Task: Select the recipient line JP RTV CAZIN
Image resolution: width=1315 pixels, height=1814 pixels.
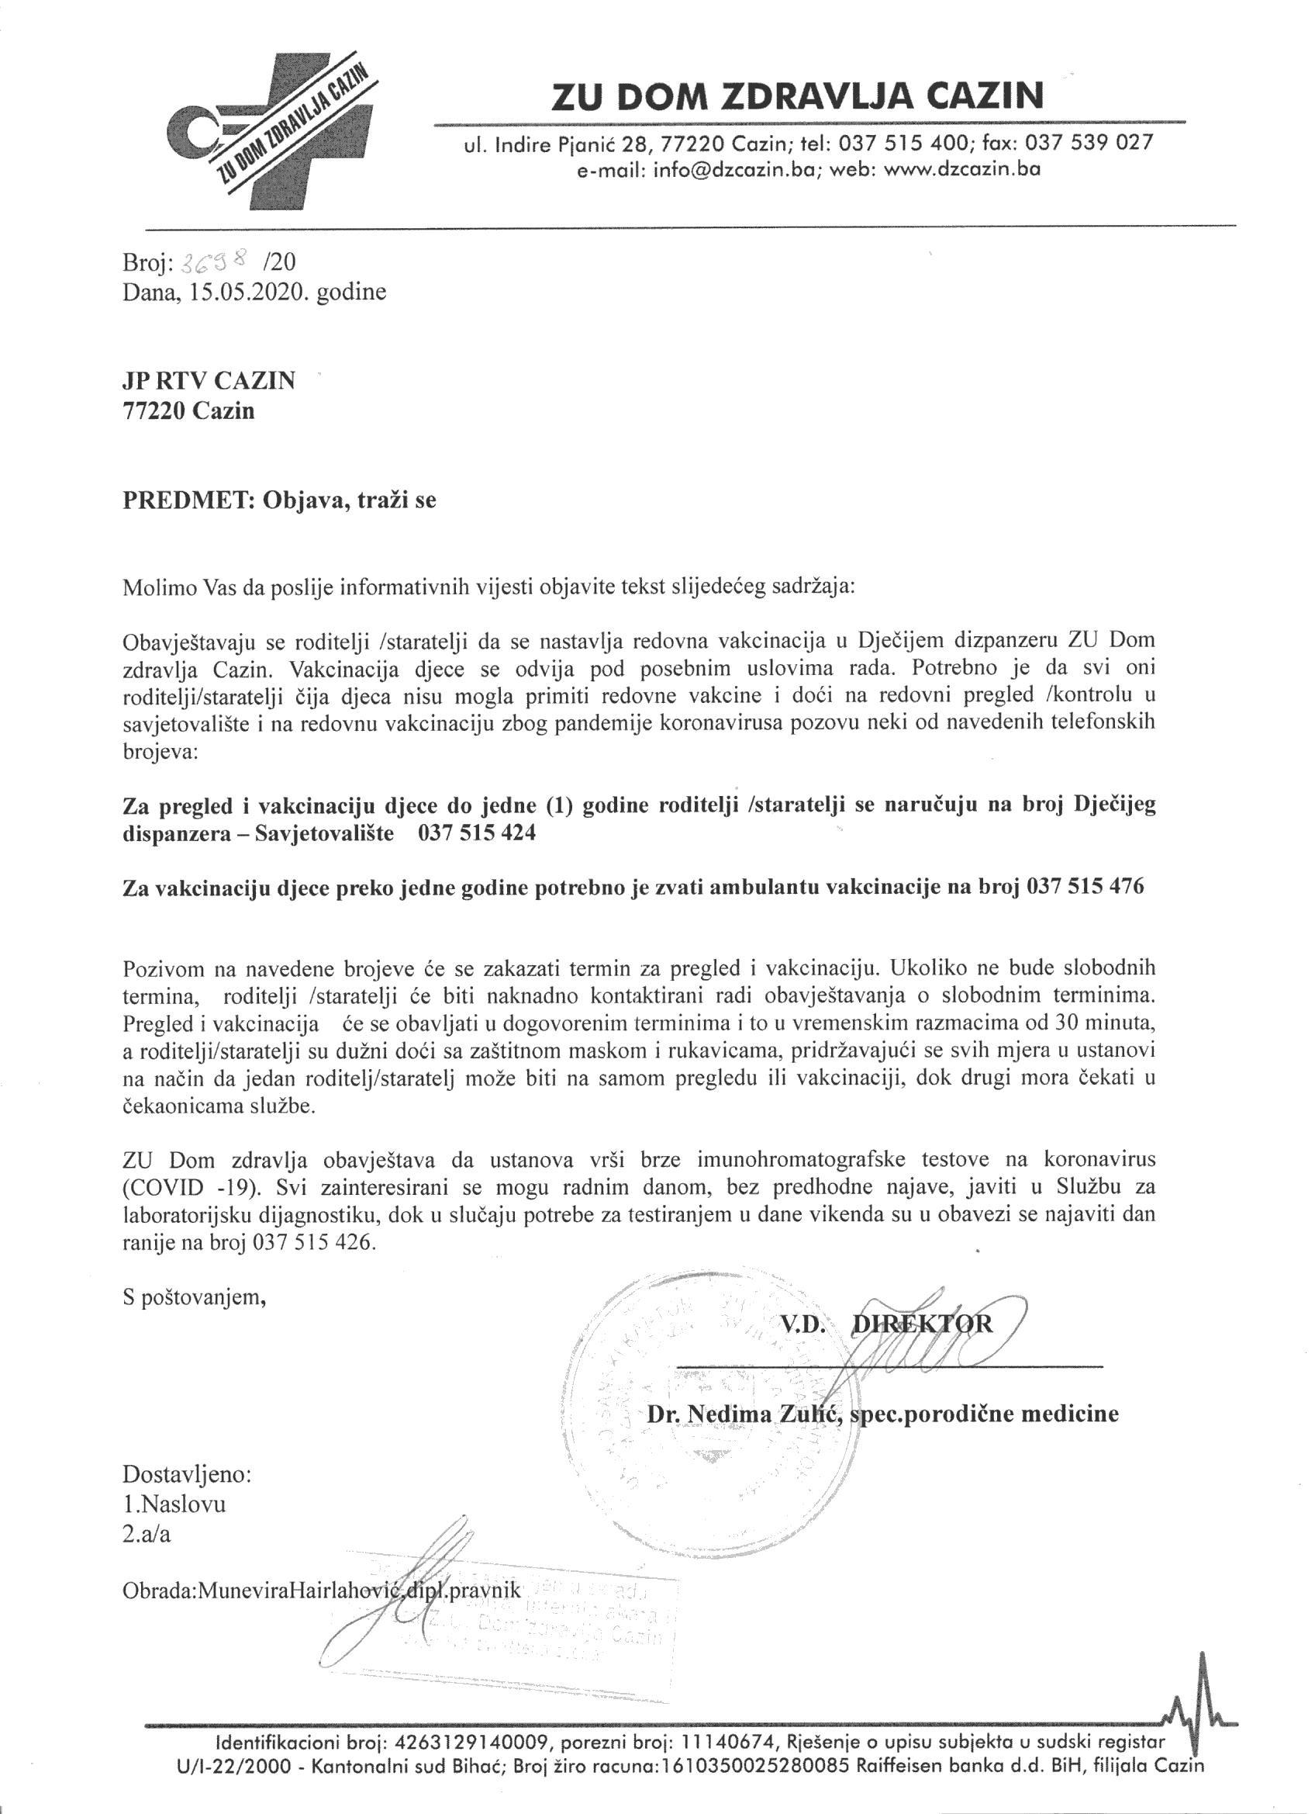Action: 209,382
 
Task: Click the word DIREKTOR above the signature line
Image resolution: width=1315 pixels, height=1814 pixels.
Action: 923,1324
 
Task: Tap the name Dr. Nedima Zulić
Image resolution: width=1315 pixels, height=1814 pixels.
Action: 741,1414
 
